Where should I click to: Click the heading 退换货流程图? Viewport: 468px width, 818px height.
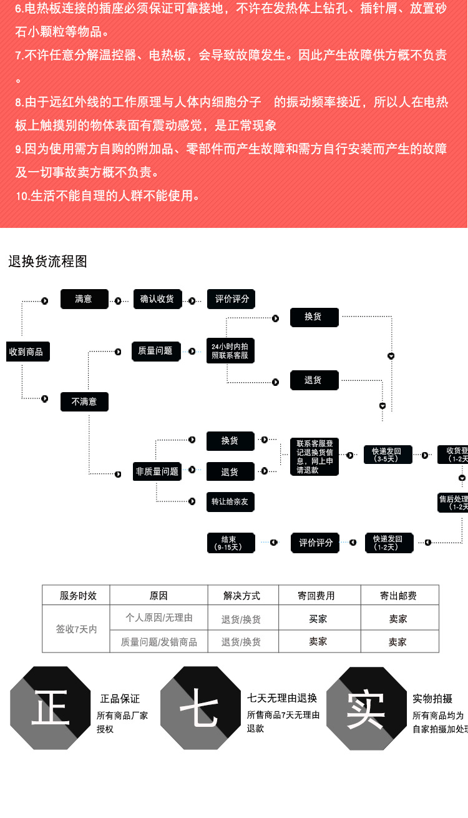[x=47, y=262]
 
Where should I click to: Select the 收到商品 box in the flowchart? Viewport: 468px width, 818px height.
[x=27, y=352]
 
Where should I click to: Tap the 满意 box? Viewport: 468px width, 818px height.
[x=84, y=299]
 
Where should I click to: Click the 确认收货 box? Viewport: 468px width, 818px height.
[x=157, y=299]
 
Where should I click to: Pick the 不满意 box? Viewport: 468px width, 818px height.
[x=84, y=402]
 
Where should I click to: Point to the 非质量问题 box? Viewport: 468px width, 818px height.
[x=157, y=472]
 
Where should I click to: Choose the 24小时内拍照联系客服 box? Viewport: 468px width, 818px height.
[x=230, y=350]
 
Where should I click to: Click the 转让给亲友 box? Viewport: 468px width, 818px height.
[x=230, y=502]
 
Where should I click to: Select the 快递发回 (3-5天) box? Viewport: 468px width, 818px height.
[x=388, y=455]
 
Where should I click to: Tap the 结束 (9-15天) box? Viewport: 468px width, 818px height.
[x=230, y=543]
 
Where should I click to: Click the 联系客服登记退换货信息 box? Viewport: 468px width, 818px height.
[x=314, y=457]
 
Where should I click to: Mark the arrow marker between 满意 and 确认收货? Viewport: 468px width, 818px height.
[x=118, y=301]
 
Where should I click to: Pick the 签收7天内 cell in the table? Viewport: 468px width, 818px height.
[x=76, y=629]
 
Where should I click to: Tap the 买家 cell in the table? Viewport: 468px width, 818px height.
[x=319, y=619]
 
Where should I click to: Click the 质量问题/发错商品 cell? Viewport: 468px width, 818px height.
[x=158, y=642]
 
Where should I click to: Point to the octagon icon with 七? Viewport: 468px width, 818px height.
[x=199, y=708]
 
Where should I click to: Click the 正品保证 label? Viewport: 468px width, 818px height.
[x=120, y=699]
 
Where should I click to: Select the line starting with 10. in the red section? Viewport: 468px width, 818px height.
[x=107, y=196]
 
